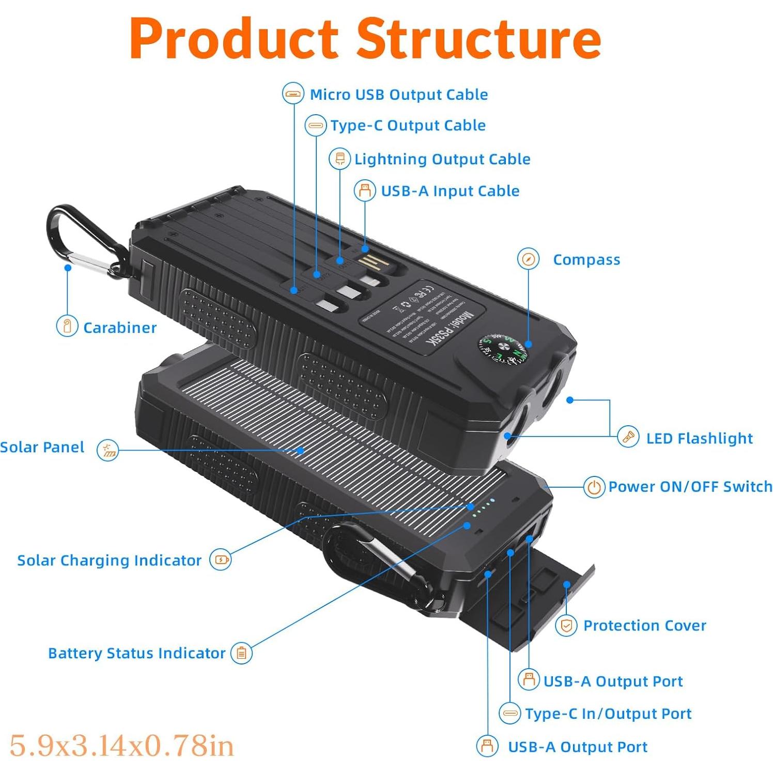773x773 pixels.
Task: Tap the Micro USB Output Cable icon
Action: pyautogui.click(x=293, y=94)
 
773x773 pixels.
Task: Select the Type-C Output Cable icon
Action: pyautogui.click(x=315, y=125)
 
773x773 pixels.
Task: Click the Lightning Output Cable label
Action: pyautogui.click(x=442, y=159)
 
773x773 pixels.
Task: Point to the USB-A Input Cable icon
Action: pyautogui.click(x=365, y=191)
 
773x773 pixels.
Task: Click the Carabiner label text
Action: pyautogui.click(x=120, y=328)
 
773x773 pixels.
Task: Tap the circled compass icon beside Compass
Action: pyautogui.click(x=528, y=259)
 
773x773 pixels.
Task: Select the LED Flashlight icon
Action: pyautogui.click(x=628, y=438)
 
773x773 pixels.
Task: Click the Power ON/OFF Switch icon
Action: pyautogui.click(x=594, y=487)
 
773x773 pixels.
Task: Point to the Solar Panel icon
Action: pyautogui.click(x=108, y=450)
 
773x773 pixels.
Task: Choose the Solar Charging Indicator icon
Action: pyautogui.click(x=221, y=560)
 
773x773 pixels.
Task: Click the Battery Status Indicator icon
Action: pyautogui.click(x=241, y=653)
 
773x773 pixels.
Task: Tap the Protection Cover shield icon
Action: pyautogui.click(x=566, y=626)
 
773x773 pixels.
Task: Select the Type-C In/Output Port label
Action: pyautogui.click(x=608, y=714)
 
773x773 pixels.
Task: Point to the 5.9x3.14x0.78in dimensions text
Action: pyautogui.click(x=122, y=746)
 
